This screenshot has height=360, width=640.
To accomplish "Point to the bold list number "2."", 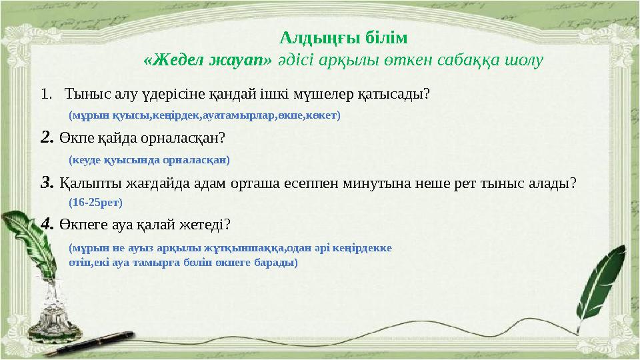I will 47,137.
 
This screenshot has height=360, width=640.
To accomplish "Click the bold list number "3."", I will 47,182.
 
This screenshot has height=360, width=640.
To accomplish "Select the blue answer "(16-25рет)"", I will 95,202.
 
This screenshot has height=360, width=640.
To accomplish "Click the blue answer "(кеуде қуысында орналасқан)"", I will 149,160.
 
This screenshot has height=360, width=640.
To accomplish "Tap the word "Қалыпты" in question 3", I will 84,182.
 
